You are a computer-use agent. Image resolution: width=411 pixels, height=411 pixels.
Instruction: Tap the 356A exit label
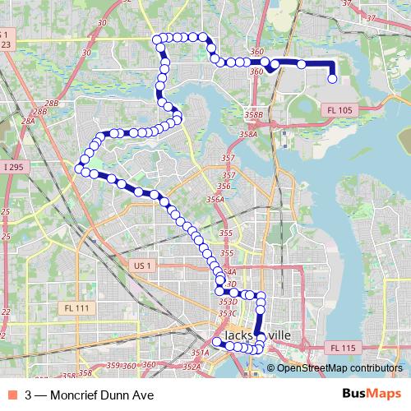(215, 199)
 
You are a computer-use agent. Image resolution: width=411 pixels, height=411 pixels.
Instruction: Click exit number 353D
(228, 302)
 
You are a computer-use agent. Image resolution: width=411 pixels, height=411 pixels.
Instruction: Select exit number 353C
(228, 313)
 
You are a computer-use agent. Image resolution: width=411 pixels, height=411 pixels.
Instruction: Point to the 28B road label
(52, 104)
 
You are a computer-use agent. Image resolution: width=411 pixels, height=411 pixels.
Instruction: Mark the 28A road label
(29, 121)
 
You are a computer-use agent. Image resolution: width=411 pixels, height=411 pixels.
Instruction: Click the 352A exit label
(192, 367)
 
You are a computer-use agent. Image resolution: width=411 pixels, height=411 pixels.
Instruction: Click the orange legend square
(12, 395)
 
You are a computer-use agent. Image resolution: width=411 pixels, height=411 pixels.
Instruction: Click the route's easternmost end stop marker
(333, 79)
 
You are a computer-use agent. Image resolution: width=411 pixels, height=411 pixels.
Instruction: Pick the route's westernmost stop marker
(80, 169)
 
